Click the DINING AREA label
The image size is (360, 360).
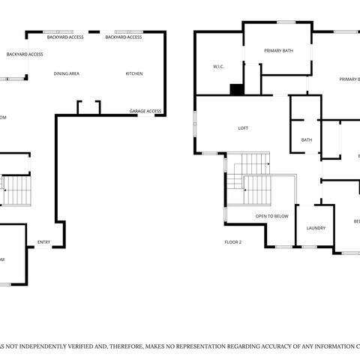point(67,73)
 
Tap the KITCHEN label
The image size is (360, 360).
point(134,73)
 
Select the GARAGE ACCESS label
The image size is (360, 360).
point(145,111)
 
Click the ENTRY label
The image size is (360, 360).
point(43,241)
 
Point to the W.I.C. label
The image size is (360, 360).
point(219,67)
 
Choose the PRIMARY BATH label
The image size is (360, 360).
point(277,51)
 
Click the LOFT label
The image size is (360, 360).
point(243,128)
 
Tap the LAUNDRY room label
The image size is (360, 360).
point(316,228)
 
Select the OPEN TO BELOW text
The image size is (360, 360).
point(271,216)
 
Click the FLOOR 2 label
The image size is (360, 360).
point(233,242)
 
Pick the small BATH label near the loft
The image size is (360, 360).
point(307,140)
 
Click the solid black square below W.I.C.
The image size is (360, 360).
point(237,89)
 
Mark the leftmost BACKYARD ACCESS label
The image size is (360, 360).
point(25,54)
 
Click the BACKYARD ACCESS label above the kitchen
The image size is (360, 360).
point(124,37)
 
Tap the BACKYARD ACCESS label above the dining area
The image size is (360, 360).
point(65,37)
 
